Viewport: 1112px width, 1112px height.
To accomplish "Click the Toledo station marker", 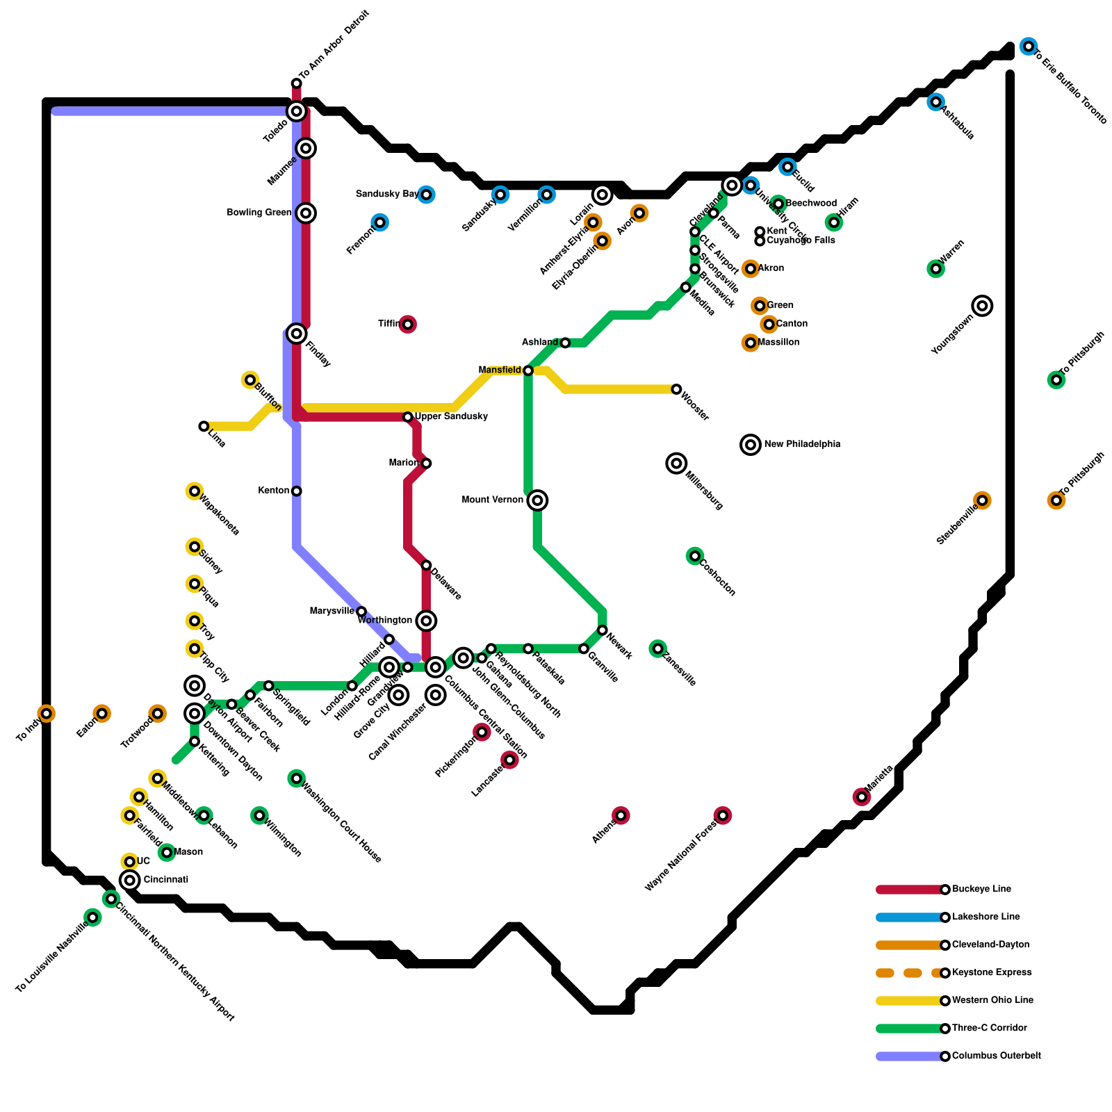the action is [x=297, y=111].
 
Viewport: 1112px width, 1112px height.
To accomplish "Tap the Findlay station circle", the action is [x=297, y=334].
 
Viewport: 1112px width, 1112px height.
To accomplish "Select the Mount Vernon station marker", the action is [x=537, y=500].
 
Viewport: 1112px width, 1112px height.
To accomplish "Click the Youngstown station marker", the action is [x=982, y=306].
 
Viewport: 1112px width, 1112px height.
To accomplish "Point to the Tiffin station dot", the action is [x=408, y=325].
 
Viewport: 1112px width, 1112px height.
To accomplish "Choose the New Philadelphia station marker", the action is [x=751, y=445].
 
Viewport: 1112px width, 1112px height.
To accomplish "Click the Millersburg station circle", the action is [x=676, y=464].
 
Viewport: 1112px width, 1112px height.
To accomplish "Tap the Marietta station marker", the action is [x=862, y=797].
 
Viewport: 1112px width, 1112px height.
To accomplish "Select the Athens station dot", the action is [x=621, y=815].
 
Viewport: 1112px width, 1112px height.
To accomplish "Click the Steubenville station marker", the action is [x=982, y=500].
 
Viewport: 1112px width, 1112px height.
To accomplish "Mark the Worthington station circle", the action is [x=426, y=621].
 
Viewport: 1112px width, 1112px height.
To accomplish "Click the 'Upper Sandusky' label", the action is [x=451, y=417].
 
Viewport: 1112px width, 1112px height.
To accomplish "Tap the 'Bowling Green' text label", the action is [x=259, y=213].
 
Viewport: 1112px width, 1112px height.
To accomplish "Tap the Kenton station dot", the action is [x=297, y=491].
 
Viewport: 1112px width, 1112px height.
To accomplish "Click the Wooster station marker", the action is [x=676, y=389].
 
